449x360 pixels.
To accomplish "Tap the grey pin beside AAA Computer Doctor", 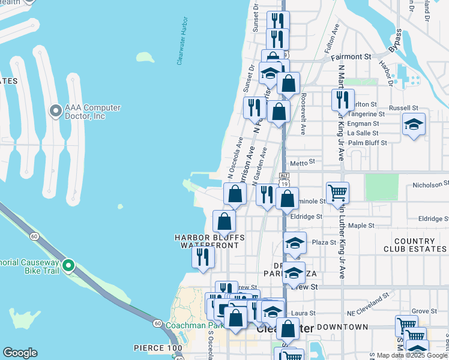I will coord(56,111).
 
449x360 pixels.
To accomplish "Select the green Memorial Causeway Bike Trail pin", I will coord(69,265).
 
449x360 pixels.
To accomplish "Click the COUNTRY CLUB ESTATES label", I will coord(415,245).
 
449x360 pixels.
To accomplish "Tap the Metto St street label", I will coord(303,162).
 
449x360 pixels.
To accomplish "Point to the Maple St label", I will coord(361,226).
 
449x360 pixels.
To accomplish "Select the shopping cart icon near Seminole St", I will coord(337,193).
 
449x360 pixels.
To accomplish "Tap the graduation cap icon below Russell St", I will coord(414,124).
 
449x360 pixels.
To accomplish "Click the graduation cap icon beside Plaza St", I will coord(295,243).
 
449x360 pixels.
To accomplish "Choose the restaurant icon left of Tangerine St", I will coord(343,99).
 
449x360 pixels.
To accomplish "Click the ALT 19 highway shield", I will coord(284,178).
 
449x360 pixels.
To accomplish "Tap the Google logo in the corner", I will coord(20,353).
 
